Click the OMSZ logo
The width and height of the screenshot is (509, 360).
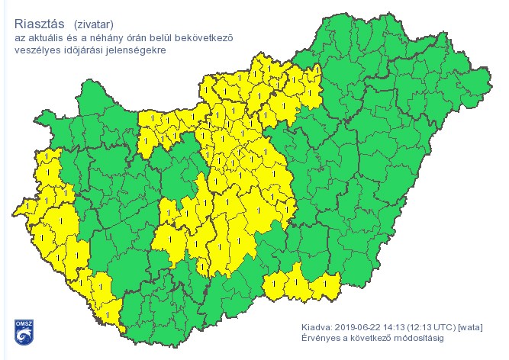pos(23,329)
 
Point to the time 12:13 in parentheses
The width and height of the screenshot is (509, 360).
pos(420,326)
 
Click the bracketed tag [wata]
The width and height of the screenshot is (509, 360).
pos(471,326)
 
